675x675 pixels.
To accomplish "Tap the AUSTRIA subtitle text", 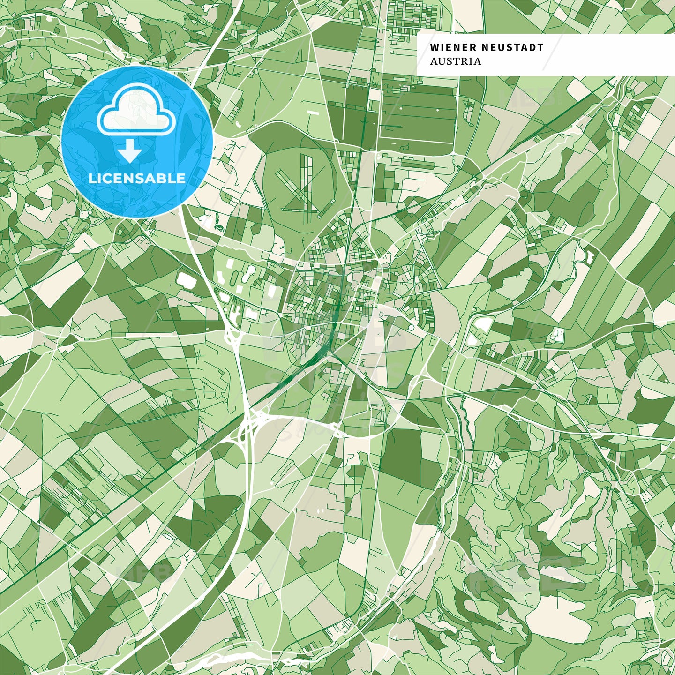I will click(x=455, y=61).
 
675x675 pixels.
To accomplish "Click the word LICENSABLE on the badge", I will click(x=137, y=178).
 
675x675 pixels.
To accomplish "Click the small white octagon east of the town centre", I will click(x=558, y=335).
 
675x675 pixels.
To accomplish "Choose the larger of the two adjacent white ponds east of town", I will click(x=483, y=323).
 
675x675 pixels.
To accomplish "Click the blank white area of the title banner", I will click(x=609, y=55).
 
